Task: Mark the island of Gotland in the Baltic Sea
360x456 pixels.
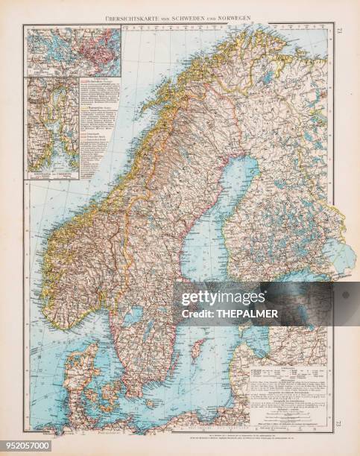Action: point(198,347)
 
